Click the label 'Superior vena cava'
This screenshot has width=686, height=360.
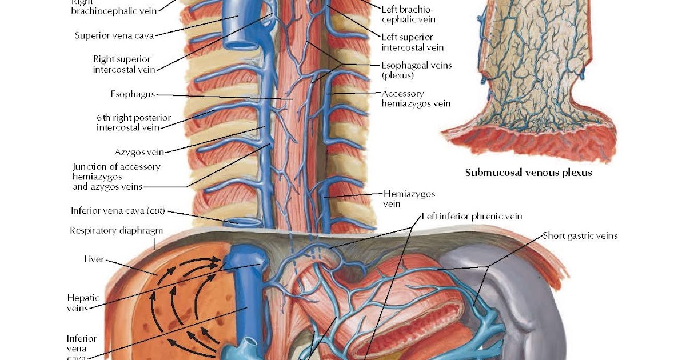pyautogui.click(x=114, y=35)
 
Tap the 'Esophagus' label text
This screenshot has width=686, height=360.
pyautogui.click(x=133, y=94)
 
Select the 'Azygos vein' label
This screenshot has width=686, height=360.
pyautogui.click(x=139, y=152)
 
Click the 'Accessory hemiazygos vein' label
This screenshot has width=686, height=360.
pyautogui.click(x=416, y=98)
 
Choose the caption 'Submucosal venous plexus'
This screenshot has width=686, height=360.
pyautogui.click(x=528, y=172)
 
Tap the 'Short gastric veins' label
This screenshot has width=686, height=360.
pyautogui.click(x=580, y=235)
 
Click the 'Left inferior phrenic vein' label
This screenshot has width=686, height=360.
pyautogui.click(x=472, y=217)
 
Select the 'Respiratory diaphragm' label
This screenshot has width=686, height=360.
pyautogui.click(x=116, y=231)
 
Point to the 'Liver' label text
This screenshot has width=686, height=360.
pyautogui.click(x=94, y=259)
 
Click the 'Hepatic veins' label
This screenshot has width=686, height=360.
pyautogui.click(x=83, y=303)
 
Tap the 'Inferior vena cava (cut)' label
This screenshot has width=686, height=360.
pyautogui.click(x=118, y=210)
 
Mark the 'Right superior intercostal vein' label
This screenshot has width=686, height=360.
pyautogui.click(x=122, y=64)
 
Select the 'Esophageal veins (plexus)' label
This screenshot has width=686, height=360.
pyautogui.click(x=416, y=70)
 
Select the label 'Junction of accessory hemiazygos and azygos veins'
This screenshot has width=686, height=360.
pyautogui.click(x=116, y=177)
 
